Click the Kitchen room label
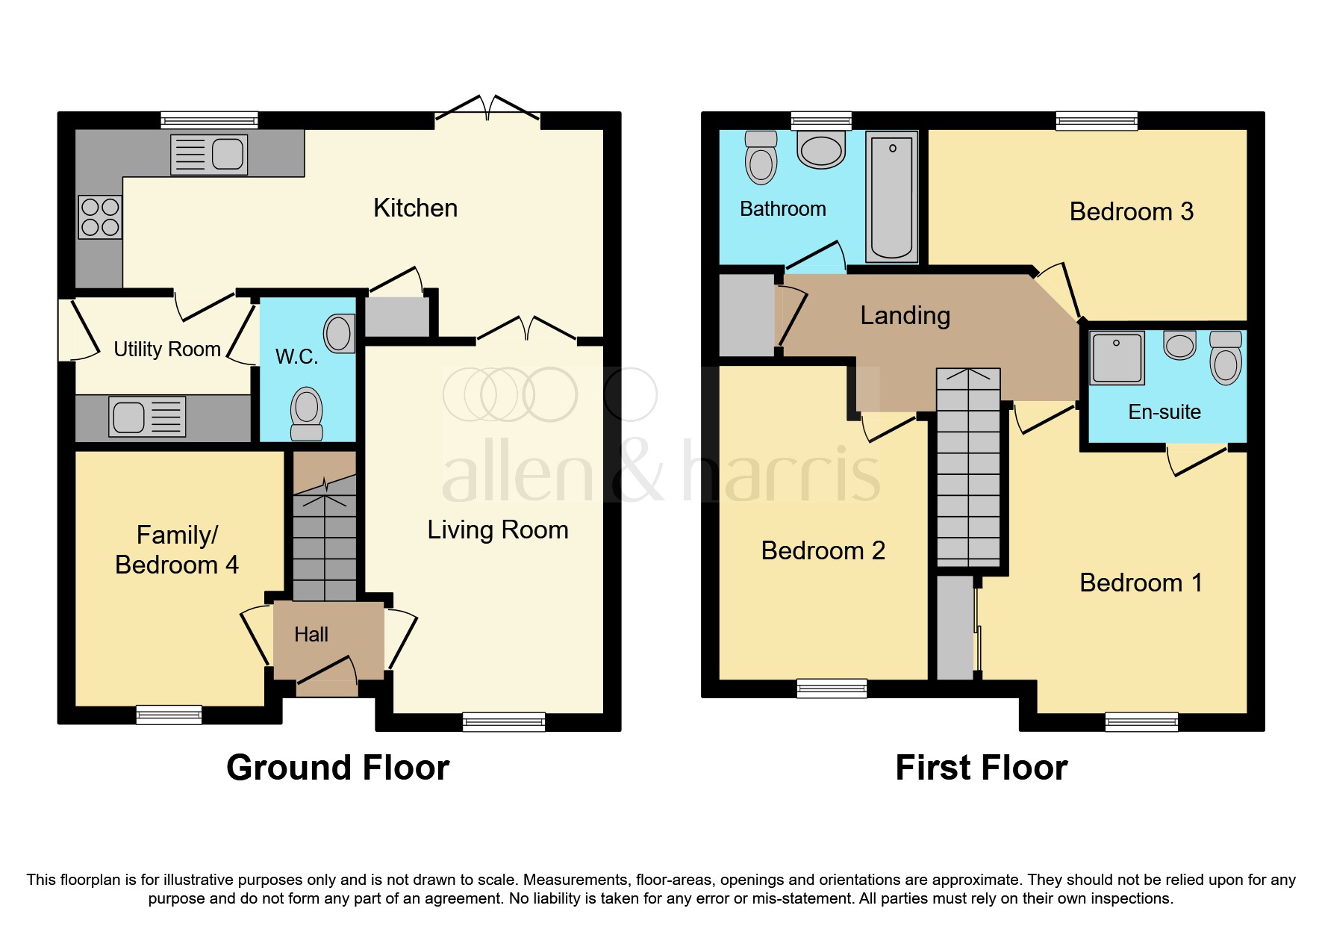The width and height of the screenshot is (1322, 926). point(415,208)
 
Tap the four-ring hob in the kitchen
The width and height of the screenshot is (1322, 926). point(100,217)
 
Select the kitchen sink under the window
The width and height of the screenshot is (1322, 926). point(209,155)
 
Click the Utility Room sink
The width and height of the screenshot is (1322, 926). point(147,417)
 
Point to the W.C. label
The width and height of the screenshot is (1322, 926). point(296,357)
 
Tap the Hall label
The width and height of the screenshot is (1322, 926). point(311,635)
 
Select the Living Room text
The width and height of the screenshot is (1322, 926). point(497,530)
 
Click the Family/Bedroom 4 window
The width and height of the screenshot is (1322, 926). point(169,715)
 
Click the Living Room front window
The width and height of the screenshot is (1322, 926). point(504,721)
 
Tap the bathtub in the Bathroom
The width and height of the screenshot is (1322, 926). point(892,197)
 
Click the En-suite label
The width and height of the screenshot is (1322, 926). point(1164,412)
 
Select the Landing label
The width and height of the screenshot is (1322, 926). point(905,316)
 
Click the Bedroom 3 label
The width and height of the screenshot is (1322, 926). point(1131,212)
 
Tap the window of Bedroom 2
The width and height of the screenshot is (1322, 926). point(832,688)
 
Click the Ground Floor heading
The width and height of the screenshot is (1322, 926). point(337,768)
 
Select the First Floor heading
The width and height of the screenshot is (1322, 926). point(981,768)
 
